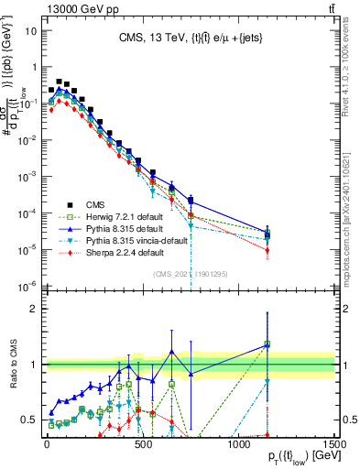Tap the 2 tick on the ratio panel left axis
pyautogui.click(x=37, y=308)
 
